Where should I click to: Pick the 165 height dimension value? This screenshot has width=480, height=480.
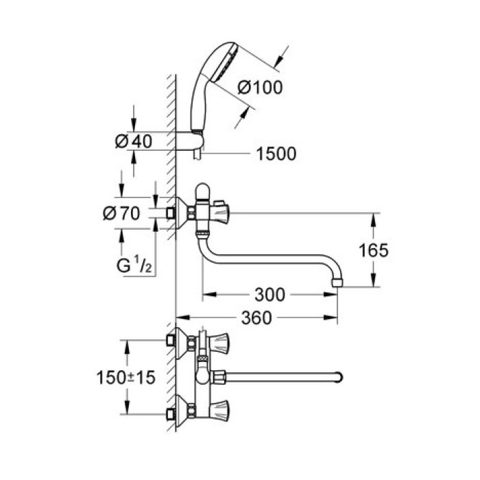tap(373, 250)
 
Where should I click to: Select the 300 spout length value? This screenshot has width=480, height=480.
tap(269, 295)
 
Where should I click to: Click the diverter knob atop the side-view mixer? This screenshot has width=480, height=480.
tap(203, 190)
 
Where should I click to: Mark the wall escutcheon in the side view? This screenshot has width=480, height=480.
tap(180, 213)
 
